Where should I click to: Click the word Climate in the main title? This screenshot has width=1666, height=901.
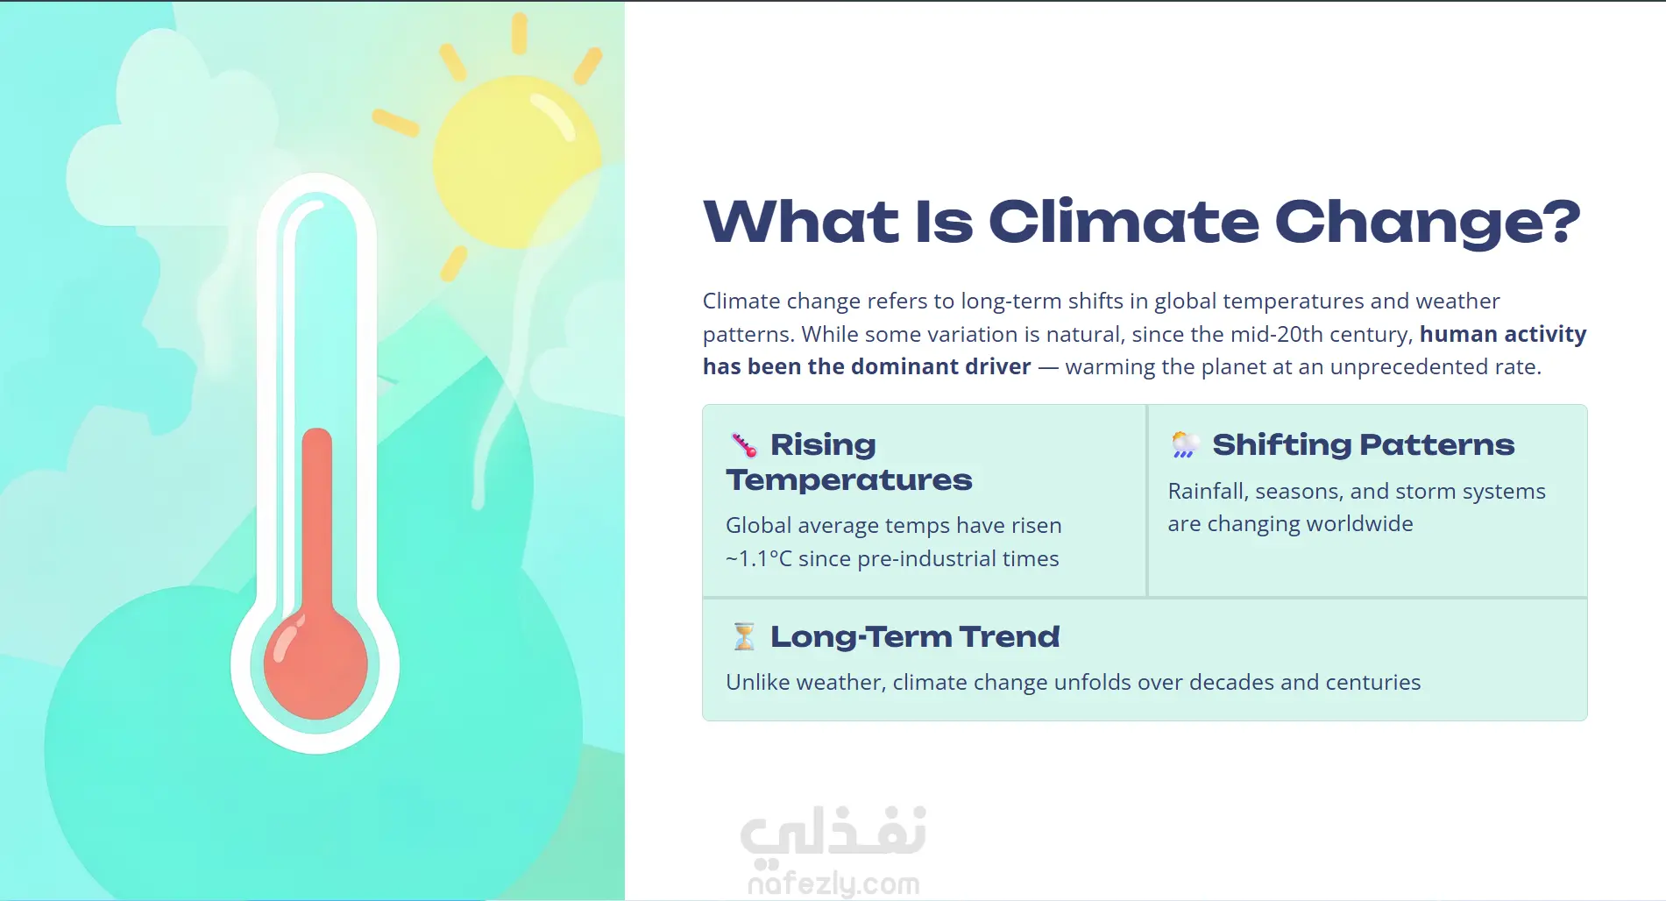(1124, 221)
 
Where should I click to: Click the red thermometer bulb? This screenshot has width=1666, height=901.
(315, 663)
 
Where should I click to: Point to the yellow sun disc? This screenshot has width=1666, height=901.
(517, 161)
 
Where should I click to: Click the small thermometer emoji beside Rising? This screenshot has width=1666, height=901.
(744, 445)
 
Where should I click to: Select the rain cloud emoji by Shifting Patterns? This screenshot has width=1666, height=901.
(1186, 445)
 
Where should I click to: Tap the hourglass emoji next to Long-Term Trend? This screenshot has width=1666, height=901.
(744, 636)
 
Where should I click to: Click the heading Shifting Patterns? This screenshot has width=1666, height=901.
(1363, 445)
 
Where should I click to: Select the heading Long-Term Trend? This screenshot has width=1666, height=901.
(915, 637)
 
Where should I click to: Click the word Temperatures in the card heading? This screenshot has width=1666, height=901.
(849, 480)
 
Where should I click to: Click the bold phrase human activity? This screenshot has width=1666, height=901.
(1503, 334)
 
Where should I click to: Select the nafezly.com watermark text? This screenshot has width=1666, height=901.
(833, 883)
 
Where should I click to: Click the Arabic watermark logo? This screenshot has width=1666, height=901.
(833, 831)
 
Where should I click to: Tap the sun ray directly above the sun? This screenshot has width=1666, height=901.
(520, 33)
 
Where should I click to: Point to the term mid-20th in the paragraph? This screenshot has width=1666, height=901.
(1276, 334)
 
